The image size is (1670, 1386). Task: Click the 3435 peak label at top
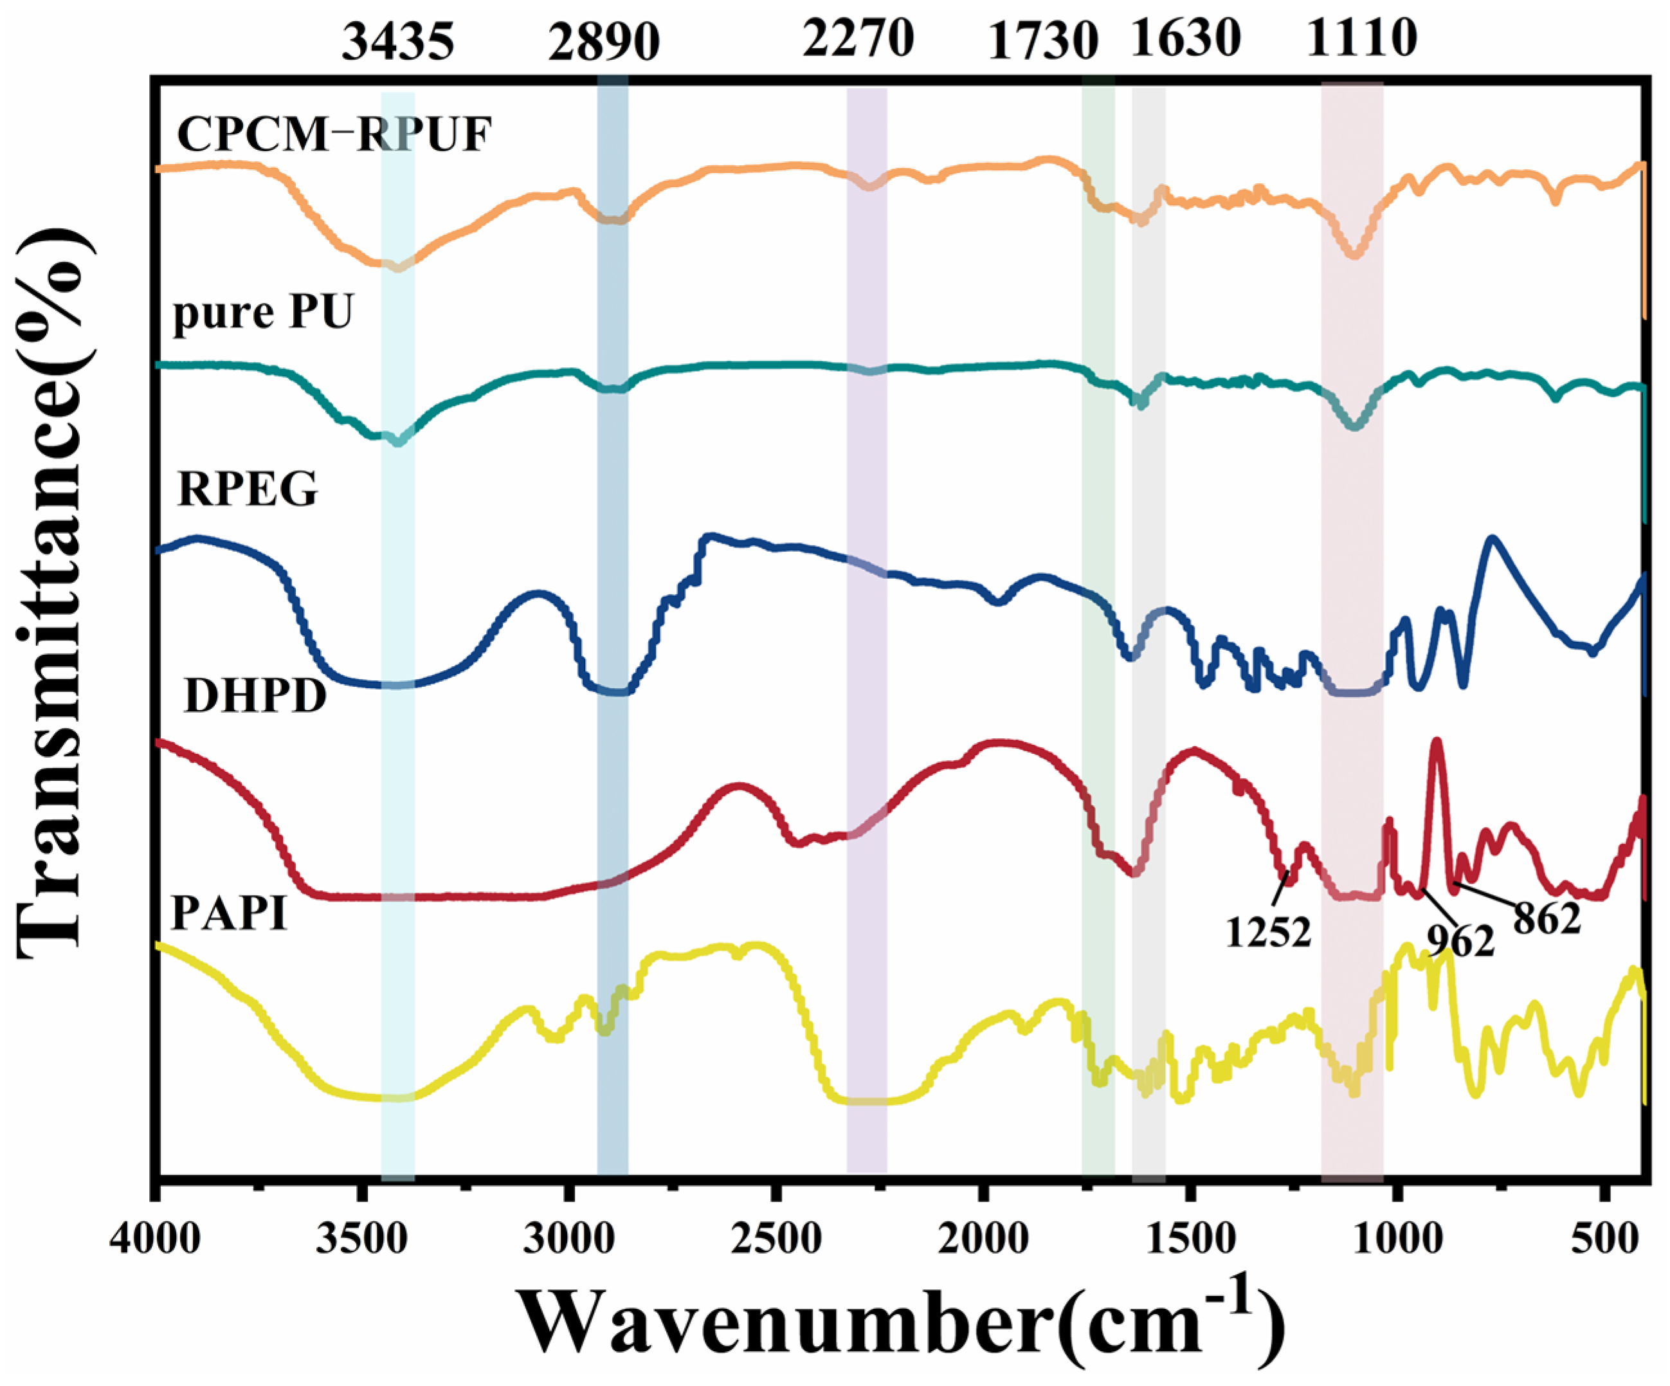click(397, 41)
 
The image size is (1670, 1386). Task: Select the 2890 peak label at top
click(604, 41)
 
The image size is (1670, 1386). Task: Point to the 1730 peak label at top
click(1042, 41)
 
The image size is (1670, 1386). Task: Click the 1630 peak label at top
click(1186, 38)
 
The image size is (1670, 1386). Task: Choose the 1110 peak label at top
click(1362, 38)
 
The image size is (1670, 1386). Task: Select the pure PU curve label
click(262, 313)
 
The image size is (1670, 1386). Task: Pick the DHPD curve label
click(255, 697)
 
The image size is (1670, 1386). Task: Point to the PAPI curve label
click(229, 914)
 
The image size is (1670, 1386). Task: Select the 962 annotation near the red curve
click(1460, 942)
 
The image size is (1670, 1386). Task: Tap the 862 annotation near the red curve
click(1546, 919)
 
